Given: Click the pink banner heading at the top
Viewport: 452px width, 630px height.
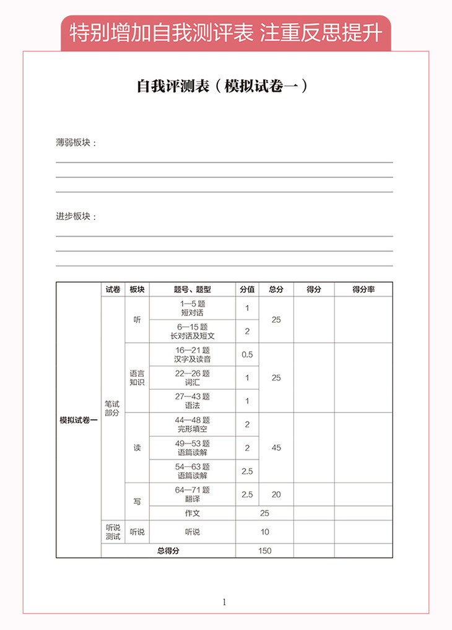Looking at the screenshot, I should (x=226, y=32).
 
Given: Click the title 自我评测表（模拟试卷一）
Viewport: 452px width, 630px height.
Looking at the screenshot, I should (x=222, y=86).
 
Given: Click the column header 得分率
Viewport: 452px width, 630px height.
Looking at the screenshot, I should (x=363, y=289).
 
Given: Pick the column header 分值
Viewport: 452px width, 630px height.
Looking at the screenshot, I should (x=247, y=289).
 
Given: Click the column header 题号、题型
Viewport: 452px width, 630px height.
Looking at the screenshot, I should (x=193, y=289).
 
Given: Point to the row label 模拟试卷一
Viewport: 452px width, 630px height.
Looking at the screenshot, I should (x=79, y=420).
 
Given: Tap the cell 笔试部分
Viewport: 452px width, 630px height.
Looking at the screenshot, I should (x=112, y=408).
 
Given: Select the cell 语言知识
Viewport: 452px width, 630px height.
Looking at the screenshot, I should (x=137, y=378).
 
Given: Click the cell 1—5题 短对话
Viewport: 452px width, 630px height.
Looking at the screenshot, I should (x=193, y=308).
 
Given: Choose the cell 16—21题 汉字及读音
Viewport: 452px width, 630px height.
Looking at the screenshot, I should (x=193, y=354).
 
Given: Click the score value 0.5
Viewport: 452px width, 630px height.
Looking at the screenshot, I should (x=247, y=354).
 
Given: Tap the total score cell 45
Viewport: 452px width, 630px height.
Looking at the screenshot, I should (x=276, y=447).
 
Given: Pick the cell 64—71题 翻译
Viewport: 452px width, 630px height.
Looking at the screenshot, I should (x=193, y=494).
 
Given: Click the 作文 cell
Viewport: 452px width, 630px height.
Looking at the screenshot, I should (x=193, y=513).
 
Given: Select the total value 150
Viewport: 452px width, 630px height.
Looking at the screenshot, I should (x=265, y=551).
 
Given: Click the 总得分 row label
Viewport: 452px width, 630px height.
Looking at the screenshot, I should (x=168, y=551).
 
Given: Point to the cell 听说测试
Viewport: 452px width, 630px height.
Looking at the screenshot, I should (x=113, y=532).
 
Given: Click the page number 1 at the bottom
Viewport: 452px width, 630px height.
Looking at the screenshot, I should (x=224, y=602).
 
